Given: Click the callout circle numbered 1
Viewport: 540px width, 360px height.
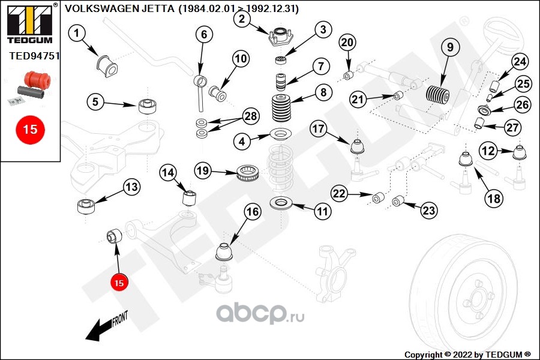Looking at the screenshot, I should click(77, 34).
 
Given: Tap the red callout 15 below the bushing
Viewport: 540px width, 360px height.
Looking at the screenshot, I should click(119, 283).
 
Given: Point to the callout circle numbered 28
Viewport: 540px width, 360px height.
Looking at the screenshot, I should click(250, 116).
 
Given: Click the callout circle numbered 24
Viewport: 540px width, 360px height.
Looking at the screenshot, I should click(520, 62).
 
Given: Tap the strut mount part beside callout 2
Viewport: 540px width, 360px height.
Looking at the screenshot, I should click(278, 38).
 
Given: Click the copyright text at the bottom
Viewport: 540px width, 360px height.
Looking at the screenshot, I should click(467, 354).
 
